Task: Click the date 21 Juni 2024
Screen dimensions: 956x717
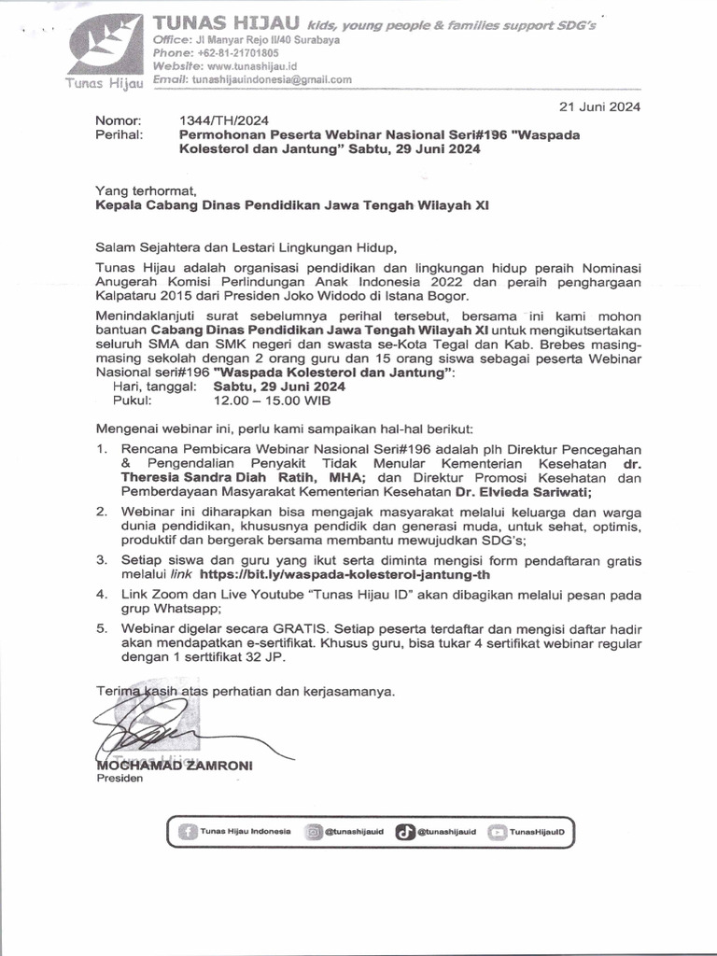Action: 599,106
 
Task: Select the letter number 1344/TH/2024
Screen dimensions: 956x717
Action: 216,120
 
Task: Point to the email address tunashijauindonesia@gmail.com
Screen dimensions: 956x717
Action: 272,80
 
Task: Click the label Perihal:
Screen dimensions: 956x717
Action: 119,134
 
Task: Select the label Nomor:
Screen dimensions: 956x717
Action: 118,120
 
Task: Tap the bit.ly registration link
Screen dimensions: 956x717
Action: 344,575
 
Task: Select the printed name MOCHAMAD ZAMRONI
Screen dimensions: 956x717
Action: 175,766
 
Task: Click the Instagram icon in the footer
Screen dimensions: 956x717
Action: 315,830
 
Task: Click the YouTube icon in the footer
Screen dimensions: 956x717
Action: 498,830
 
